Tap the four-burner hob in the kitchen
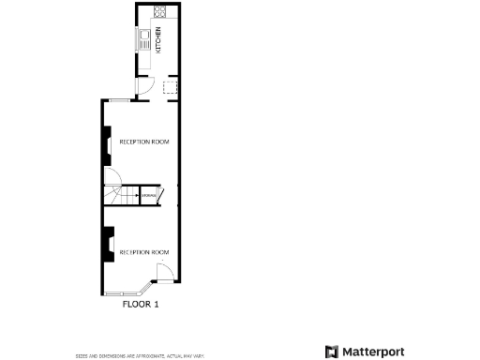coord(159,13)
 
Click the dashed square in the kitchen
coord(170,87)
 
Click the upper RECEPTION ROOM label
coord(143,142)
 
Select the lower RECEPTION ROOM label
coord(143,252)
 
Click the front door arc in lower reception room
coord(162,273)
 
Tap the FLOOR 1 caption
coord(142,305)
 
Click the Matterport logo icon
coord(331,352)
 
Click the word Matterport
coord(372,352)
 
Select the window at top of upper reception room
coord(122,99)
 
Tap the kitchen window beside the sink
coord(137,39)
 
